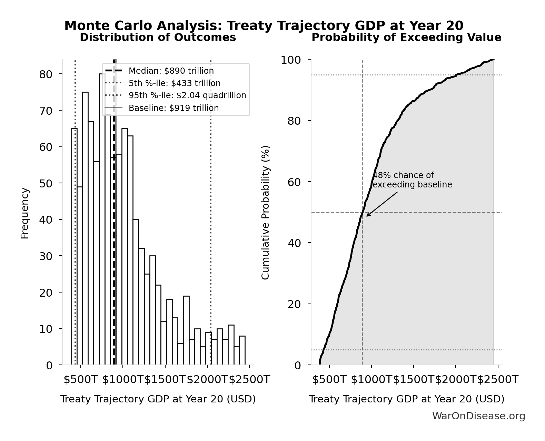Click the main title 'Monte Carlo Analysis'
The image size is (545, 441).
pyautogui.click(x=264, y=25)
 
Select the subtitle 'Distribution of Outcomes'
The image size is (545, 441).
pyautogui.click(x=158, y=37)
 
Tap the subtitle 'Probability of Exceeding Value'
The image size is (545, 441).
pyautogui.click(x=406, y=37)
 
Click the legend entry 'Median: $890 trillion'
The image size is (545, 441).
pyautogui.click(x=171, y=71)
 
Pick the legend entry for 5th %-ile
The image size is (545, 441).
pyautogui.click(x=174, y=83)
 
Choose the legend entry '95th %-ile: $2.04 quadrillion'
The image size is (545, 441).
pyautogui.click(x=187, y=95)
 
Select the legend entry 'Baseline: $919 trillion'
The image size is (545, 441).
pyautogui.click(x=174, y=108)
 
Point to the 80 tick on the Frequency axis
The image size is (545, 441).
pyautogui.click(x=46, y=74)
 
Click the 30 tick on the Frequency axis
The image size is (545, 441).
pyautogui.click(x=46, y=256)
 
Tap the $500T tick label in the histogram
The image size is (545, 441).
pyautogui.click(x=81, y=380)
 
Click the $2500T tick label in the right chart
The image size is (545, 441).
pyautogui.click(x=498, y=380)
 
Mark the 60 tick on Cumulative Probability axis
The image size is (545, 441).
pyautogui.click(x=294, y=182)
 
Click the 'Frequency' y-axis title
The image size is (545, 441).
pyautogui.click(x=25, y=213)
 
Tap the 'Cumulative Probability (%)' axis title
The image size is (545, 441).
pyautogui.click(x=265, y=213)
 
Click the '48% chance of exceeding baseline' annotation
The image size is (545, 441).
pyautogui.click(x=412, y=180)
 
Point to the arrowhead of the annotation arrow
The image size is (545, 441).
pyautogui.click(x=367, y=216)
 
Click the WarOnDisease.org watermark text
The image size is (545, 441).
pyautogui.click(x=478, y=416)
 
